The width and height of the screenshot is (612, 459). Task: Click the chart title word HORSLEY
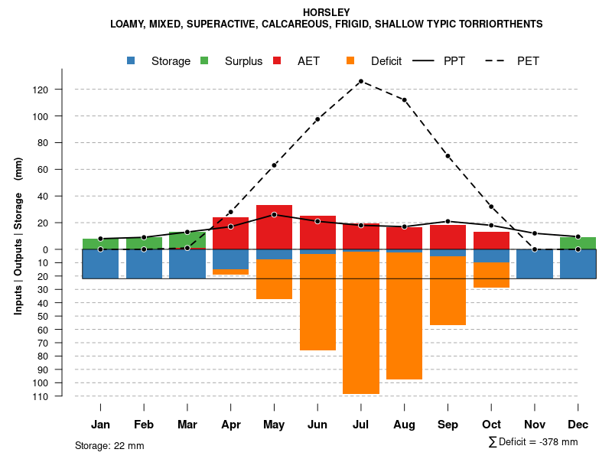click(x=327, y=12)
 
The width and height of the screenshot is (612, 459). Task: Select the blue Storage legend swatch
click(x=132, y=60)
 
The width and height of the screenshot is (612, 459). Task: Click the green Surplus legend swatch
click(x=205, y=60)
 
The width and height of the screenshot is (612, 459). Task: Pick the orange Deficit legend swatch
click(x=351, y=60)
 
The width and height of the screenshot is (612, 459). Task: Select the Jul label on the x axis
click(x=361, y=425)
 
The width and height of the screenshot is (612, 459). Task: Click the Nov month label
click(x=535, y=425)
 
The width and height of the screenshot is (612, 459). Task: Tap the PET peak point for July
click(x=361, y=81)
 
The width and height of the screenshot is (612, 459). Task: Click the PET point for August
click(x=405, y=100)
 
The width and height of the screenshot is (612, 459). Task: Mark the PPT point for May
click(x=274, y=214)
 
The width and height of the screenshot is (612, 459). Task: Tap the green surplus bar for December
click(x=578, y=243)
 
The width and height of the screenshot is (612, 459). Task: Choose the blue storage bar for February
click(x=144, y=263)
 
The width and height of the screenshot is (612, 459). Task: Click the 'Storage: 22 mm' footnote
click(x=109, y=445)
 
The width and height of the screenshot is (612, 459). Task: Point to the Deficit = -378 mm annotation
click(x=533, y=442)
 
